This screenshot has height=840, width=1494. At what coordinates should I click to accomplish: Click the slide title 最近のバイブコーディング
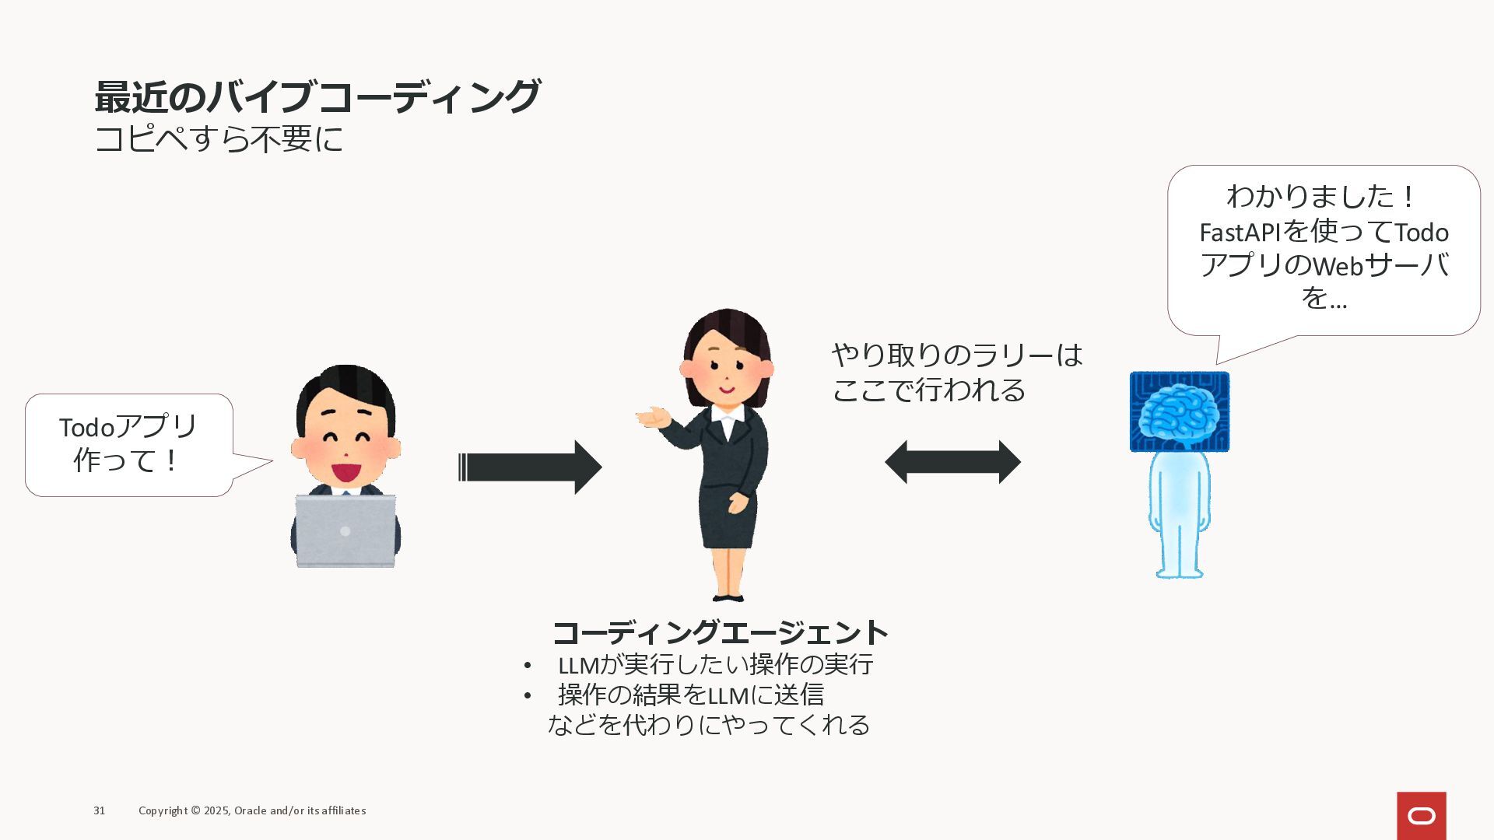(317, 97)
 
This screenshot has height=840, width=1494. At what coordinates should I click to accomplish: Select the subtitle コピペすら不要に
(219, 140)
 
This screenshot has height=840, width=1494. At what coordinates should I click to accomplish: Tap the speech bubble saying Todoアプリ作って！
(128, 444)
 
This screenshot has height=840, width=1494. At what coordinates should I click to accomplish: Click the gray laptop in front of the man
(345, 530)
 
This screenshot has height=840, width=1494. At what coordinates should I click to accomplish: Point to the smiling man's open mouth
(345, 471)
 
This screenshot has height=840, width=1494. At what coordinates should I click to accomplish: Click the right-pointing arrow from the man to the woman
(530, 467)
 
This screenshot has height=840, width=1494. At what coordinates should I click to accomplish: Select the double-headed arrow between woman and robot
(952, 462)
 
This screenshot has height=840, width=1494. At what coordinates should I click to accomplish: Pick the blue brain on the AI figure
(1178, 412)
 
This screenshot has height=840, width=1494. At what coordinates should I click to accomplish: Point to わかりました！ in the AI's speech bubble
(1322, 196)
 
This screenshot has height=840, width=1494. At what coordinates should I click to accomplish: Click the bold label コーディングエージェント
(721, 632)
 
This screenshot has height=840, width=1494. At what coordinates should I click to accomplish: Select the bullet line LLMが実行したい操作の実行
(715, 665)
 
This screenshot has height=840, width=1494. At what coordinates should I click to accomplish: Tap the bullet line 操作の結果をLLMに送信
(690, 695)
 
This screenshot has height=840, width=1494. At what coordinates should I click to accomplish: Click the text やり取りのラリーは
(957, 355)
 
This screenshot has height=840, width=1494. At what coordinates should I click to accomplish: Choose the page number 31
(99, 810)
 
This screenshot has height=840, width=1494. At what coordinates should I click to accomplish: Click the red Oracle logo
(1421, 816)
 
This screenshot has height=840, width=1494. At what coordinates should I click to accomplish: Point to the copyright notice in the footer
(252, 810)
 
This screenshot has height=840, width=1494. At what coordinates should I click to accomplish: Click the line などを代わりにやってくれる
(709, 725)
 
